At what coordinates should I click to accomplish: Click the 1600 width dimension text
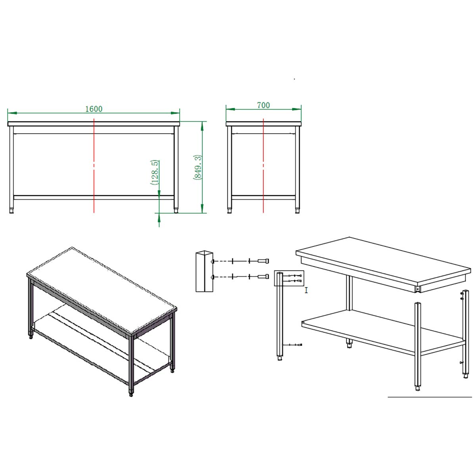pos(94,109)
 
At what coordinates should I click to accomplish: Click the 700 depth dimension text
pos(263,106)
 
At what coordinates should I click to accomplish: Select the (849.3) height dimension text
pos(198,167)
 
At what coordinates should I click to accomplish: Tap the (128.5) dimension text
pos(154,173)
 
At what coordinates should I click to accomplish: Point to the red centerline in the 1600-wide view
pos(94,165)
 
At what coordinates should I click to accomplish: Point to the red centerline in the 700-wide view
pos(263,165)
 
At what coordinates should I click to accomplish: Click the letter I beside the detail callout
pos(306,290)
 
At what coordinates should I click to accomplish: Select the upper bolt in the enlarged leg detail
pos(263,261)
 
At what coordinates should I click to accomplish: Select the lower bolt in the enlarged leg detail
pos(263,276)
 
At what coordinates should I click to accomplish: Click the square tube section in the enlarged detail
pos(205,271)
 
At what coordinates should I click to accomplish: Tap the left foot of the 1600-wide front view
pos(12,211)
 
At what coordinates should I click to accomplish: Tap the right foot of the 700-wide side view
pos(297,211)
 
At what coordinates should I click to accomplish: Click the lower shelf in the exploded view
pos(383,332)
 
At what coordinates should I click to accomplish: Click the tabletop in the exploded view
pos(383,265)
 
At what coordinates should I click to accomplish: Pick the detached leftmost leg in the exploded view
pos(280,317)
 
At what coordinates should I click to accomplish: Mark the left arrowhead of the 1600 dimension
pos(12,113)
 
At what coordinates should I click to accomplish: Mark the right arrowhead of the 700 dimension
pos(297,109)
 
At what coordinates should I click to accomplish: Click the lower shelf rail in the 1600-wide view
pos(94,198)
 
